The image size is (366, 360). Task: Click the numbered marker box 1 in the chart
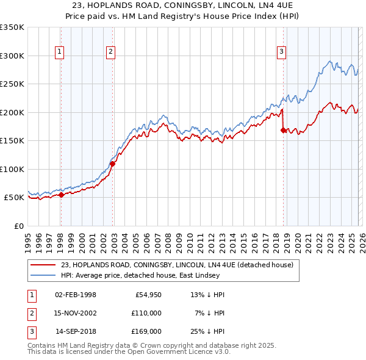point(60,52)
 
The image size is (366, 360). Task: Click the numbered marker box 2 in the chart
point(110,52)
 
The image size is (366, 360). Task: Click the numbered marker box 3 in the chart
point(281,52)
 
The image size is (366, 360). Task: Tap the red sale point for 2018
point(283,130)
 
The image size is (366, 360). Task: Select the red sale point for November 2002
point(112,164)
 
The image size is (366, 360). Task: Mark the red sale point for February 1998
point(61,195)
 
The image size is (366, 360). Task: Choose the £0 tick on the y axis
point(18,226)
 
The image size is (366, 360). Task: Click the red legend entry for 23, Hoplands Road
point(177,265)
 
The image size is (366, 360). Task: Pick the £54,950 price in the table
point(146,295)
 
